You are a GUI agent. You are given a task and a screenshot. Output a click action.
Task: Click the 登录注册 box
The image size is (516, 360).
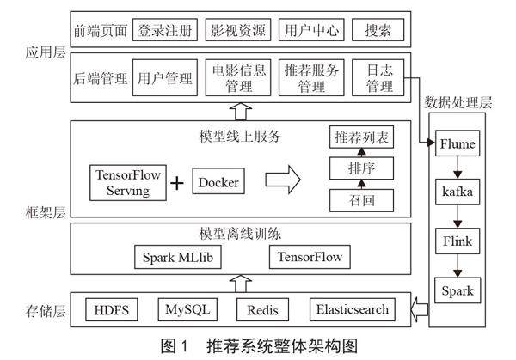click(167, 31)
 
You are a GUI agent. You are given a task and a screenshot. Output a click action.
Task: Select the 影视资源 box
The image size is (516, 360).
click(239, 31)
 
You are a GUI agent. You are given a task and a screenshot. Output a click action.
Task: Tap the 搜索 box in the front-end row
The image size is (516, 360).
click(378, 31)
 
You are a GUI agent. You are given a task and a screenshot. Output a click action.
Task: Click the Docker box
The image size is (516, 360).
click(218, 182)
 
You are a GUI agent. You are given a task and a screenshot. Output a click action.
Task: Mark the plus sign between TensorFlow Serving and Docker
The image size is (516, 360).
click(177, 183)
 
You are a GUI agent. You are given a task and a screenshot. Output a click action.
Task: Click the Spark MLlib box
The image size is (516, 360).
click(176, 256)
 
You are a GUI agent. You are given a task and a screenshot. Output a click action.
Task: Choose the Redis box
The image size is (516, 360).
click(262, 308)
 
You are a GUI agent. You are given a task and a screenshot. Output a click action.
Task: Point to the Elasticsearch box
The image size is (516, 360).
click(353, 308)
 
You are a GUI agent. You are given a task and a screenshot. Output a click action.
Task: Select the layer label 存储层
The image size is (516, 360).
click(38, 308)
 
